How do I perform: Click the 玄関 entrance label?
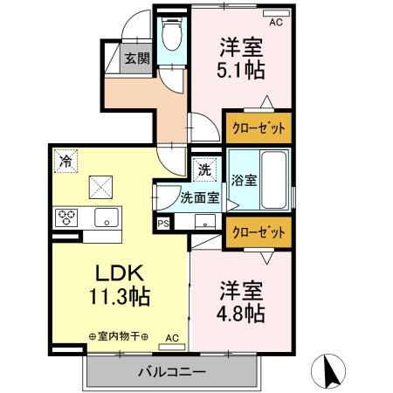[x=135, y=59]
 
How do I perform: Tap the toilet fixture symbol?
[x=170, y=37]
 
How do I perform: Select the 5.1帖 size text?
[x=243, y=72]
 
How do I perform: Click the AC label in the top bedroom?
[x=276, y=23]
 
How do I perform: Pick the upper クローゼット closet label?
[x=259, y=127]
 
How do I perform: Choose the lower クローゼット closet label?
[x=259, y=232]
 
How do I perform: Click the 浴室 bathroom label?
[x=244, y=181]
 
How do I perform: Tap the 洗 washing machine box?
[x=203, y=167]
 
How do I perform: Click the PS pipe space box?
[x=162, y=223]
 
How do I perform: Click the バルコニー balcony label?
[x=171, y=372]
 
